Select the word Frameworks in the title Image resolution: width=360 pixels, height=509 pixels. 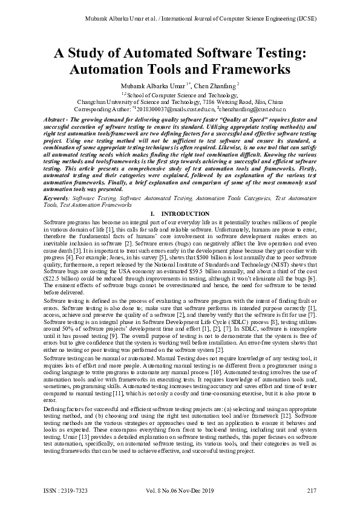click(255, 69)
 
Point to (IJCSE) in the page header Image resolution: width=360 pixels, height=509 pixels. click(306, 18)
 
